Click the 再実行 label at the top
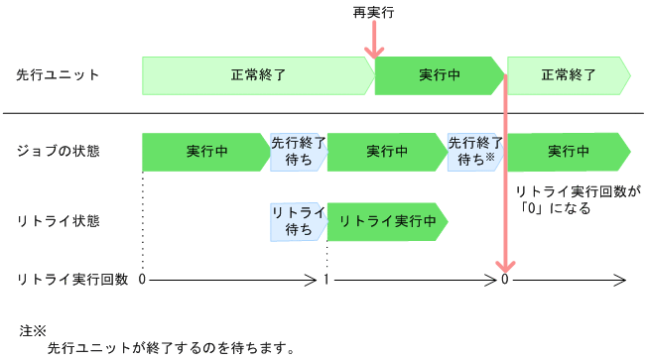click(x=374, y=13)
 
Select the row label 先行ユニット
click(x=58, y=75)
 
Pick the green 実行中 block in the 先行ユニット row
click(x=438, y=75)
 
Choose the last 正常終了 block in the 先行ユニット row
click(x=568, y=75)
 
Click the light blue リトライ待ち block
click(x=298, y=221)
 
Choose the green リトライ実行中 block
click(x=387, y=221)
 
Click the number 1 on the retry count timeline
click(x=326, y=281)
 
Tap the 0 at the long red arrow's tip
click(x=506, y=281)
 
